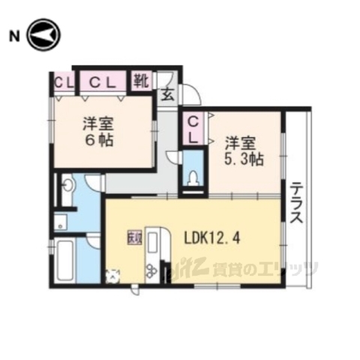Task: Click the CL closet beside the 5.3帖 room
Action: click(193, 128)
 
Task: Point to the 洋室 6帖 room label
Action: click(97, 132)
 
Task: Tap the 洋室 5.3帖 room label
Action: click(243, 150)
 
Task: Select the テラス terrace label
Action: click(296, 204)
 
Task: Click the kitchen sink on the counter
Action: click(153, 243)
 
